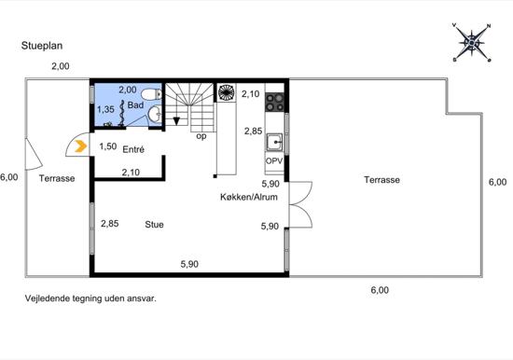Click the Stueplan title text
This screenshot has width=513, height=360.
click(42, 46)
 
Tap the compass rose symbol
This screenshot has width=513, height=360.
click(471, 43)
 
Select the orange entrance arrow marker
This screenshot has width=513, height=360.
click(80, 146)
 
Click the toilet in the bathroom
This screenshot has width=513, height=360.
click(152, 94)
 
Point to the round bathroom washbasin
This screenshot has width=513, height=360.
click(154, 115)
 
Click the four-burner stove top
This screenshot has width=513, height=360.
click(274, 102)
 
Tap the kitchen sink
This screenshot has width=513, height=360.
click(274, 142)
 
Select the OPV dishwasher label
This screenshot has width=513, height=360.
click(274, 161)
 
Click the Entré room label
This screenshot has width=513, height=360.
click(133, 149)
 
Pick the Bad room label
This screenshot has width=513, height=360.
click(135, 105)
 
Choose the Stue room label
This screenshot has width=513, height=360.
click(154, 225)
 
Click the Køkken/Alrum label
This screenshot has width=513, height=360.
click(249, 197)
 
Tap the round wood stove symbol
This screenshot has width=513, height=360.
click(226, 92)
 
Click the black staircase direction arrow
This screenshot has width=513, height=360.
click(176, 121)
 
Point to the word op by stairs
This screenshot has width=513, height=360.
click(201, 136)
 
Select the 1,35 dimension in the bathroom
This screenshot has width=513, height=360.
click(105, 109)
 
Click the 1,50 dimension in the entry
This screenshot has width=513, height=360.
click(108, 146)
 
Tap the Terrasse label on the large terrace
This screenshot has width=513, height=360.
click(381, 180)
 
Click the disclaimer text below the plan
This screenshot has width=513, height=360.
click(90, 298)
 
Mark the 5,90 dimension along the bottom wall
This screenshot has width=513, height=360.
click(189, 264)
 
